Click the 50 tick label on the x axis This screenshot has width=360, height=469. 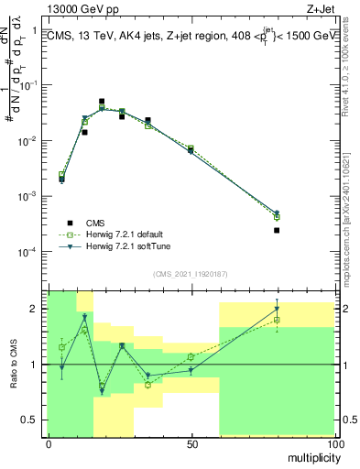click(191, 443)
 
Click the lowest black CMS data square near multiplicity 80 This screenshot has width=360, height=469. click(276, 230)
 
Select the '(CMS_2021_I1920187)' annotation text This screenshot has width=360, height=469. click(191, 274)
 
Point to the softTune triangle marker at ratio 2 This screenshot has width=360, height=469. click(276, 309)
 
